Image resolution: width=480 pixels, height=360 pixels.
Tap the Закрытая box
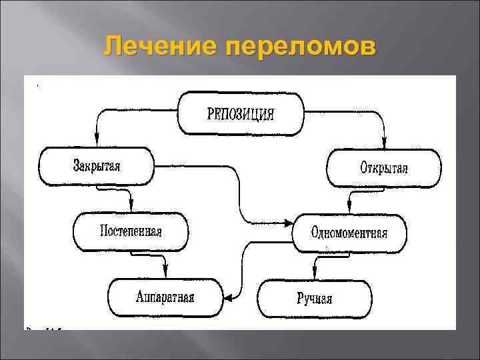tap(97, 166)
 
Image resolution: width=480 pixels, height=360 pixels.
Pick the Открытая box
tap(383, 167)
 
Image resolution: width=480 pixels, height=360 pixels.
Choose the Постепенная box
tap(131, 231)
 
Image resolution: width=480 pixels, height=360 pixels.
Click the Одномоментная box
tap(349, 233)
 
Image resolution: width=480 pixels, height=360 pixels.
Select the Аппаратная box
tap(165, 297)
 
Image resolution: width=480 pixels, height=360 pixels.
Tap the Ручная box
tap(315, 299)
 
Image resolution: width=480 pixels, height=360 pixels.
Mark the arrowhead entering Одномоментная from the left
tap(290, 222)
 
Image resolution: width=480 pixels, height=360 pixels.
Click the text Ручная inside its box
tap(315, 299)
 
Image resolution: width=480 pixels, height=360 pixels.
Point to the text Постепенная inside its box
tap(131, 231)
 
